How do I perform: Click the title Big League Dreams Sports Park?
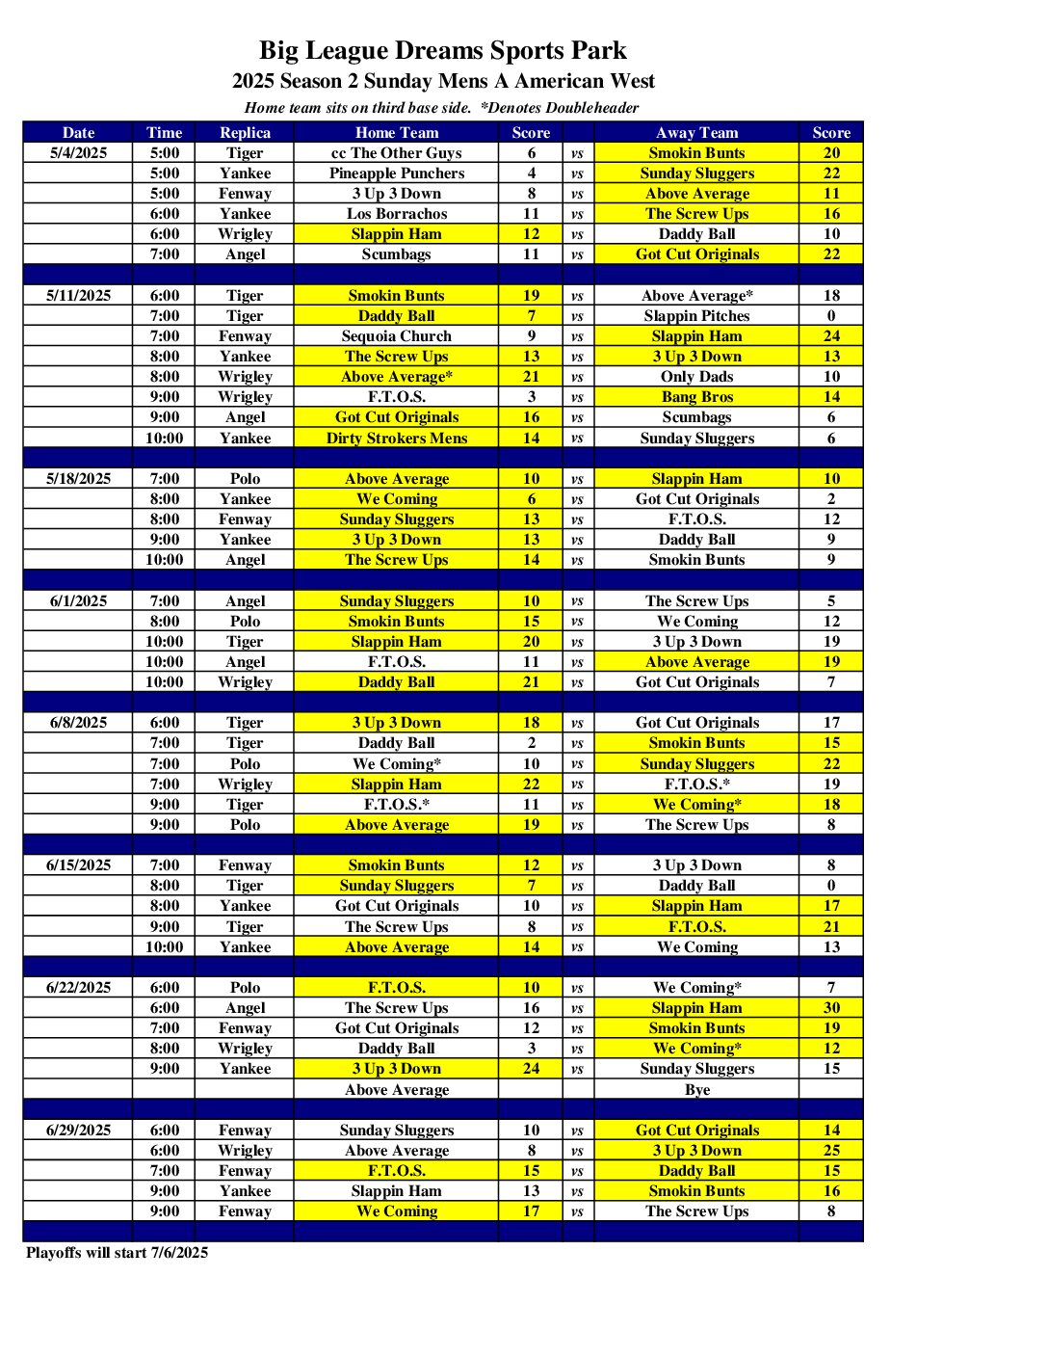pos(442,50)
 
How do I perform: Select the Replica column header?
pos(245,133)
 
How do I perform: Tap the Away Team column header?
pos(696,133)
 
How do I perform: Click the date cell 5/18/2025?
pos(78,479)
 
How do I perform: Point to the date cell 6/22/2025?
pos(78,988)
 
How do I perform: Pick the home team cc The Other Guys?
pos(396,153)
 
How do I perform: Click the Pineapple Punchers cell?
pos(396,173)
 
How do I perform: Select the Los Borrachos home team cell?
pos(396,214)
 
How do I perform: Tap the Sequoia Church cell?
pos(396,336)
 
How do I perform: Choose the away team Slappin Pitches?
pos(696,316)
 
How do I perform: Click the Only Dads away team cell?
pos(696,377)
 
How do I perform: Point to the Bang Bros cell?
pos(696,397)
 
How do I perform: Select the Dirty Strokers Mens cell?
pos(396,439)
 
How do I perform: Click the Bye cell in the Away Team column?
pos(696,1090)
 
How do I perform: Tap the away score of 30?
pos(831,1008)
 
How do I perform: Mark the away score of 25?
pos(831,1151)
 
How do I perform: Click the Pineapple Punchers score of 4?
pos(531,173)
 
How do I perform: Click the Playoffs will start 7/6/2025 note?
pos(117,1253)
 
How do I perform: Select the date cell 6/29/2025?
pos(78,1131)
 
